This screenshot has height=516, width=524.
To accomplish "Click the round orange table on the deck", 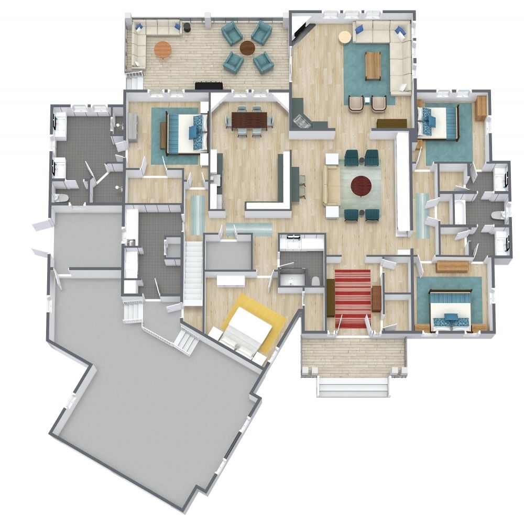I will coord(162,50).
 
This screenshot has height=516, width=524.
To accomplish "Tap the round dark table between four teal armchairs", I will coord(247,48).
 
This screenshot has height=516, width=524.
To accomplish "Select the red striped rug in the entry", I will coord(353,298).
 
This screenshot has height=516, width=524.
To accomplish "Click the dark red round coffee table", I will coord(361,185).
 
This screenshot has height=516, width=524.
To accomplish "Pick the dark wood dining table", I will coord(249,121).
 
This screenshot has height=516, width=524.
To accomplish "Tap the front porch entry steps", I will coord(353,387).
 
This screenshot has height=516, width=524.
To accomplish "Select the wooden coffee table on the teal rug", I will coord(373,65).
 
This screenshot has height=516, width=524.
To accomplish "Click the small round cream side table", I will coord(344,37).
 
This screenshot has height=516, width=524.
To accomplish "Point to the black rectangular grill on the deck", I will coord(209,85).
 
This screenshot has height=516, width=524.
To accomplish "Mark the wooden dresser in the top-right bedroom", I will coord(481,108).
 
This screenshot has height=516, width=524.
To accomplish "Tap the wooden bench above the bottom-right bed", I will coord(452,266).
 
